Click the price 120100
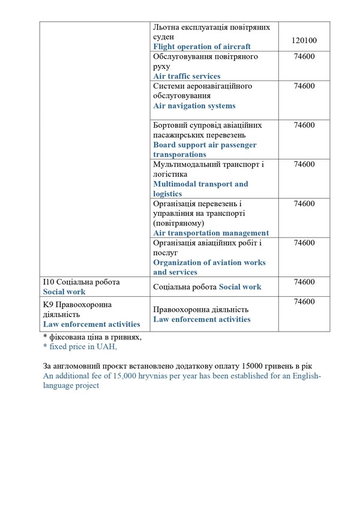pyautogui.click(x=304, y=41)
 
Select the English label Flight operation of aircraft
pyautogui.click(x=202, y=46)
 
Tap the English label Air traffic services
pyautogui.click(x=187, y=76)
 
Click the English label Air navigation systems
pyautogui.click(x=194, y=106)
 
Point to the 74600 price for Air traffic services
pyautogui.click(x=304, y=57)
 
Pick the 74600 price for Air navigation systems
pyautogui.click(x=304, y=86)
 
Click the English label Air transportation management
pyautogui.click(x=211, y=233)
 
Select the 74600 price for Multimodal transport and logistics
pyautogui.click(x=304, y=164)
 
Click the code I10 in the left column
pyautogui.click(x=48, y=282)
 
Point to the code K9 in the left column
pyautogui.click(x=48, y=305)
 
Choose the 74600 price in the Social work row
pyautogui.click(x=304, y=282)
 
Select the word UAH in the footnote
pyautogui.click(x=102, y=347)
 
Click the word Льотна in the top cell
pyautogui.click(x=167, y=27)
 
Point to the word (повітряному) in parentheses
pyautogui.click(x=180, y=223)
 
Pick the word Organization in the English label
pyautogui.click(x=179, y=263)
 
